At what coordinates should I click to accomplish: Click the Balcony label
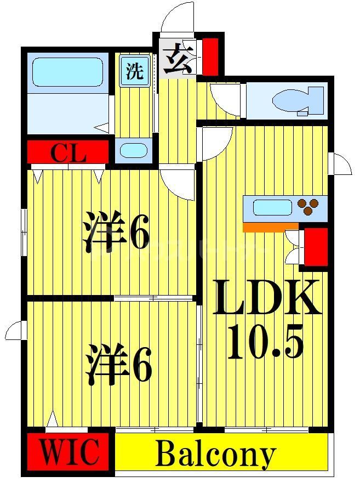(x=215, y=454)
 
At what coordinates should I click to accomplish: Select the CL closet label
(x=68, y=153)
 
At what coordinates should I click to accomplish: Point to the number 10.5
(x=265, y=341)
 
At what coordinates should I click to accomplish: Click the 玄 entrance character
(x=178, y=60)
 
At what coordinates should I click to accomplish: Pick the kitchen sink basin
(x=272, y=208)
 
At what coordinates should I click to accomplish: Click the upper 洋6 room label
(x=116, y=234)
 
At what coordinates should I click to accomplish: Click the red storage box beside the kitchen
(x=316, y=247)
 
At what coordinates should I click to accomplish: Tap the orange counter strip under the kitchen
(x=271, y=226)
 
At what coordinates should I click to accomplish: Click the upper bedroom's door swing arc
(x=179, y=184)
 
